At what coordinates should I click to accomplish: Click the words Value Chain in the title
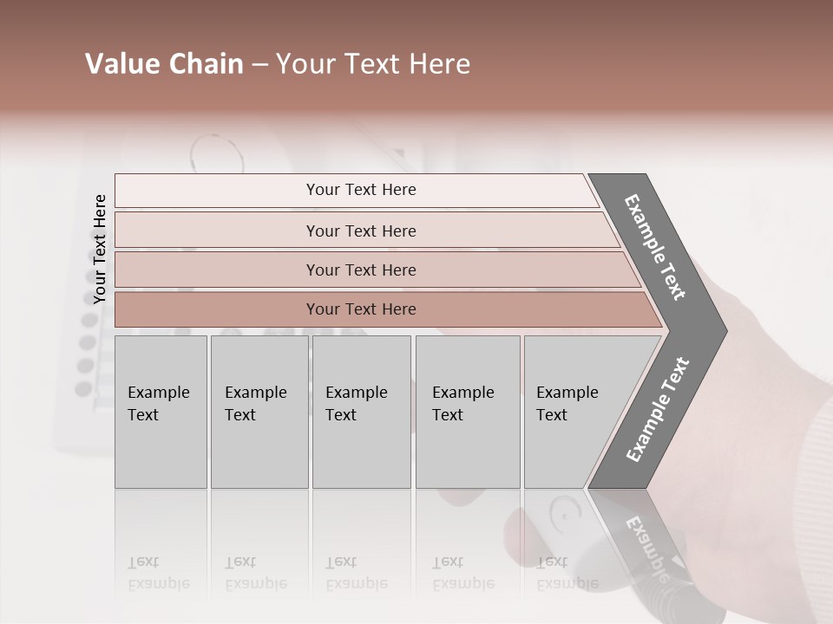(x=164, y=64)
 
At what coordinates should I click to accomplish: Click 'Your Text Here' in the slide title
(x=373, y=64)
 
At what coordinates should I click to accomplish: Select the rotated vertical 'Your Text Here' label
(x=100, y=249)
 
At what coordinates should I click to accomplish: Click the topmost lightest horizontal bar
(x=361, y=190)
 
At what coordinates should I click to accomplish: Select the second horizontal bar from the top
(x=361, y=231)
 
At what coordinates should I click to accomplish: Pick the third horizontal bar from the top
(x=361, y=270)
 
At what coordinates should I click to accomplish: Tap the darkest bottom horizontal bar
(x=361, y=309)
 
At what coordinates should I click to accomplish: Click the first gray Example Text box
(x=161, y=412)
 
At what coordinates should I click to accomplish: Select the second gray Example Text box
(x=259, y=412)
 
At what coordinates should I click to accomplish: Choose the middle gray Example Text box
(x=361, y=412)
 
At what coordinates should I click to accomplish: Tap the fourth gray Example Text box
(x=467, y=412)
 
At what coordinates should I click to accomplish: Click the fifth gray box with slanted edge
(x=573, y=412)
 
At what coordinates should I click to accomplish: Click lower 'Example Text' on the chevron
(x=657, y=410)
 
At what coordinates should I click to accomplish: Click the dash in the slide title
(x=259, y=65)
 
